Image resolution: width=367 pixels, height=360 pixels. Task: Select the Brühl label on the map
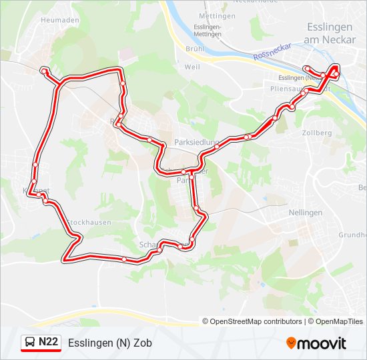click(x=194, y=49)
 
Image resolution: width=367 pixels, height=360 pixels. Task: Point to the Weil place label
click(x=192, y=67)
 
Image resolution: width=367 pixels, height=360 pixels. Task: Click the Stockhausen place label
click(x=88, y=222)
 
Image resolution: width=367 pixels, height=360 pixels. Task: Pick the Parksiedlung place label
click(x=195, y=143)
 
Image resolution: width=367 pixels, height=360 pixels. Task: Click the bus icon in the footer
click(x=31, y=343)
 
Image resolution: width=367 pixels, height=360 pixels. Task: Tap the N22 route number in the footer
click(x=49, y=343)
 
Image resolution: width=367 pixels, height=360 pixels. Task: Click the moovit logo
click(x=316, y=343)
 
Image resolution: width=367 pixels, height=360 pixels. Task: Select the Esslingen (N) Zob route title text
click(x=109, y=343)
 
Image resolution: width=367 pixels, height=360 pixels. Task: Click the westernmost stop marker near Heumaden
click(x=44, y=71)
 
